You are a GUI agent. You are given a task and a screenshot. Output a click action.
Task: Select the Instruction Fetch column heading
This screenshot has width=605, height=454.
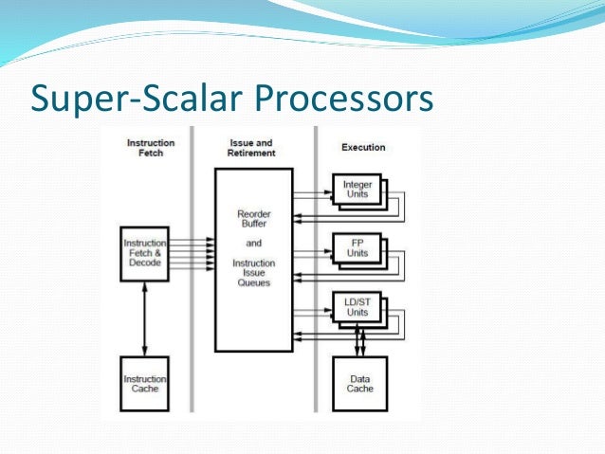(x=151, y=147)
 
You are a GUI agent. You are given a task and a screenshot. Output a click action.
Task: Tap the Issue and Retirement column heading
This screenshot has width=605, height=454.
(x=252, y=148)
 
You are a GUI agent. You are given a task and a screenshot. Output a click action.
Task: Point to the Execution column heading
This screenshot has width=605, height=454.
(x=362, y=147)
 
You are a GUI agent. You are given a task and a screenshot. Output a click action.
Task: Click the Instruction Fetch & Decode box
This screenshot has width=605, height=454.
(x=144, y=253)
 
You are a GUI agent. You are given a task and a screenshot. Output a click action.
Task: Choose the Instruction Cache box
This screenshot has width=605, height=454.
(x=144, y=383)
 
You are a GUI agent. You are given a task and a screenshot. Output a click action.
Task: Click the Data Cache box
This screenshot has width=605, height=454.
(x=359, y=383)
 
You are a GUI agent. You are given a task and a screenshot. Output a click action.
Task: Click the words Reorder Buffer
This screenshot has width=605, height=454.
(x=254, y=220)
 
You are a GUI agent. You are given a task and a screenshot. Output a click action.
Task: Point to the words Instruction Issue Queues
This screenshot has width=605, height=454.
(x=254, y=272)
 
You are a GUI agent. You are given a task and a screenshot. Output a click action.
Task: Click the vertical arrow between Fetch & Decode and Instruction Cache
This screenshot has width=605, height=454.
(x=144, y=318)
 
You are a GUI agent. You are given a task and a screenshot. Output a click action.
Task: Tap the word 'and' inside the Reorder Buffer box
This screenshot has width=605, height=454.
(x=254, y=243)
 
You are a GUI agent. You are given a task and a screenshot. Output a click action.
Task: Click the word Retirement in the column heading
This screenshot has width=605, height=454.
(x=252, y=153)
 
